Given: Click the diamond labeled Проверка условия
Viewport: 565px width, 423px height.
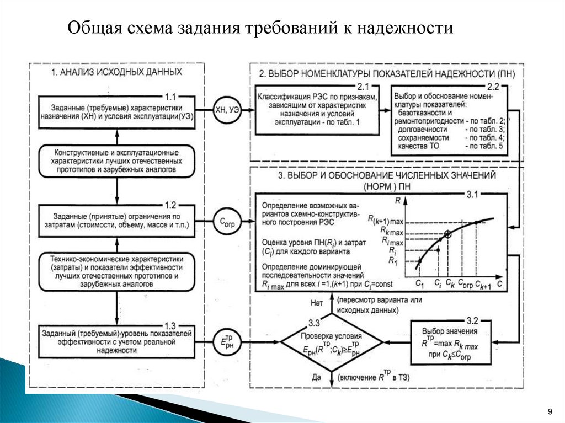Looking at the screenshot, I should coord(331,343).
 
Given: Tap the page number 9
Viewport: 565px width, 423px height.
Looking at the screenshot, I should coord(550,411).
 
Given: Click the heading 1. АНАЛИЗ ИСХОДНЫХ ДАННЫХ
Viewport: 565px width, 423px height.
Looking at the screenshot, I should coord(116,72).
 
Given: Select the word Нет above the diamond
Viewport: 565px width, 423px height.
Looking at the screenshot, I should coord(316,302).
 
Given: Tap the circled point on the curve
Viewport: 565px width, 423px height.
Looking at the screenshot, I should coord(447,234).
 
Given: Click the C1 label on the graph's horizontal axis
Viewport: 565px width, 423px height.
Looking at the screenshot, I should coord(419,283).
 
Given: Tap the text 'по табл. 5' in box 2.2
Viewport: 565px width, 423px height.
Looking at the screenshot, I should coord(484,146).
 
